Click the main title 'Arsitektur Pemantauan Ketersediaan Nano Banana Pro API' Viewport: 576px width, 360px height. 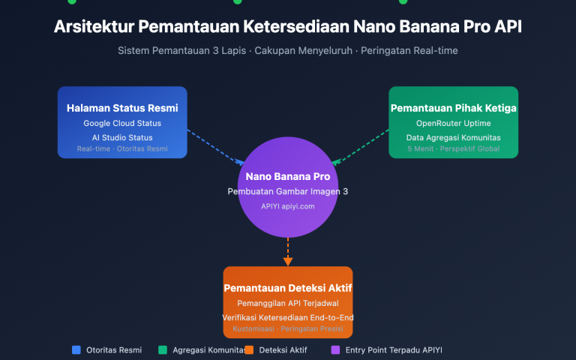click(x=288, y=26)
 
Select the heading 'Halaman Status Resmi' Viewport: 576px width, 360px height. click(x=122, y=108)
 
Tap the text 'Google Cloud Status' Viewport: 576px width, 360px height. click(x=122, y=123)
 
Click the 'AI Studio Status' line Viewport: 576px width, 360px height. click(x=122, y=137)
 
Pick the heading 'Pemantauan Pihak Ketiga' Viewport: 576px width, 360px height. click(x=453, y=108)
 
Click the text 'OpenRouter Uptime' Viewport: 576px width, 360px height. click(x=453, y=123)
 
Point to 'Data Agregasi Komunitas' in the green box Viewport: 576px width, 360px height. click(x=453, y=137)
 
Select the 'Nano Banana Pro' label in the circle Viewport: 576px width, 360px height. click(x=288, y=177)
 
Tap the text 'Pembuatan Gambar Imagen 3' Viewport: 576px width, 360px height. click(x=288, y=192)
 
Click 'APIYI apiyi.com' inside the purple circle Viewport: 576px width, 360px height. click(x=288, y=205)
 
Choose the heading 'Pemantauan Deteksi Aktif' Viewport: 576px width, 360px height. click(x=288, y=288)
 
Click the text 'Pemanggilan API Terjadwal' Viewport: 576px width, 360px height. click(x=288, y=303)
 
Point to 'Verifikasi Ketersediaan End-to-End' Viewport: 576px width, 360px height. click(x=288, y=317)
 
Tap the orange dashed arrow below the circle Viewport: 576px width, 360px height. click(x=288, y=249)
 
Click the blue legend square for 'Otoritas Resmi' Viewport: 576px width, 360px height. click(x=76, y=349)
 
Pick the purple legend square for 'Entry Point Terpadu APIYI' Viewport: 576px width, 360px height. click(x=335, y=349)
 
